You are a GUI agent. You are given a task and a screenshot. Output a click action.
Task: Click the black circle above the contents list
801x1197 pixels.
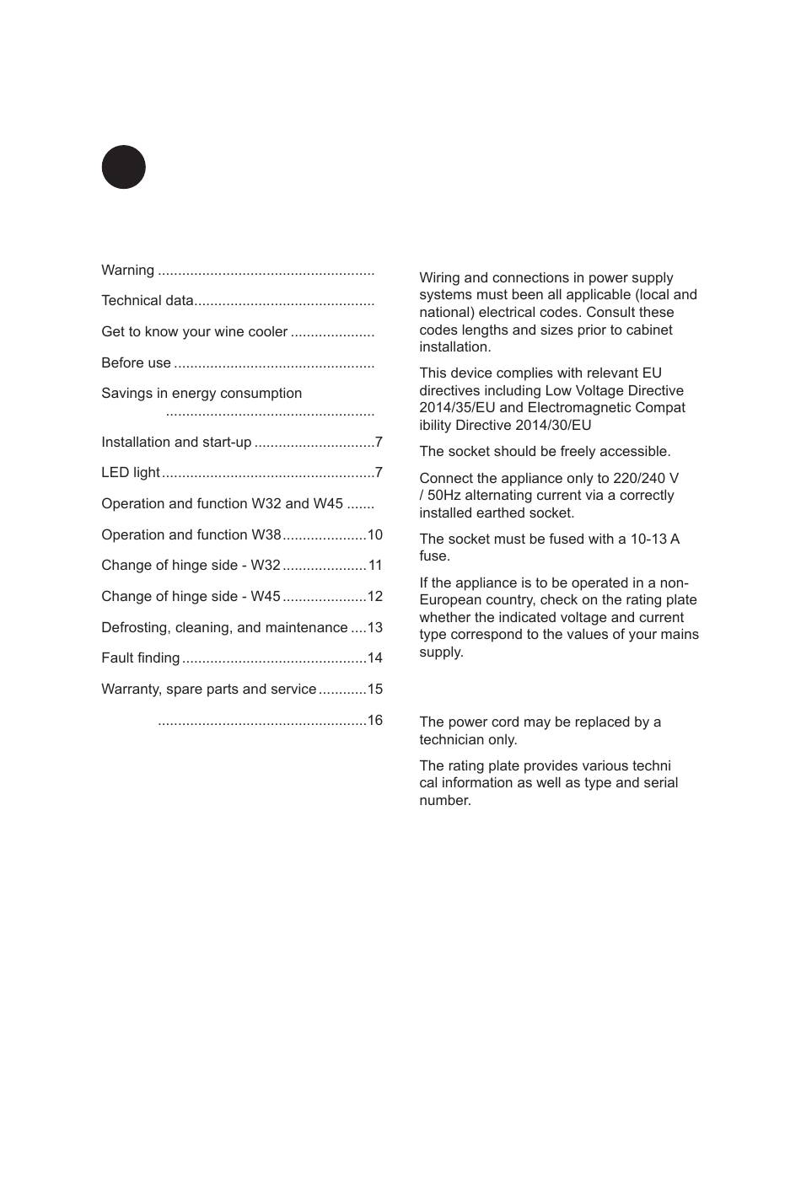pyautogui.click(x=124, y=167)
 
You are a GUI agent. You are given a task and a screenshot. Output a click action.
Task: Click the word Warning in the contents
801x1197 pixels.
pyautogui.click(x=127, y=270)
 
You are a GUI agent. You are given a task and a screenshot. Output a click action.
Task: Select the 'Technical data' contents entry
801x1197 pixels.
pyautogui.click(x=148, y=301)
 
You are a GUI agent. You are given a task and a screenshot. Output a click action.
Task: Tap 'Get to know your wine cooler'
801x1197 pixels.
pyautogui.click(x=194, y=332)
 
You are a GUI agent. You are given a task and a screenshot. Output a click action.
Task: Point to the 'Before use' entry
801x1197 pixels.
pyautogui.click(x=136, y=363)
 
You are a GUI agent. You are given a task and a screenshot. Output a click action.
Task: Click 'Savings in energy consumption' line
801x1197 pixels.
pyautogui.click(x=202, y=394)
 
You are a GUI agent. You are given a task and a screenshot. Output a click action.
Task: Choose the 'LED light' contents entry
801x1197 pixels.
pyautogui.click(x=131, y=473)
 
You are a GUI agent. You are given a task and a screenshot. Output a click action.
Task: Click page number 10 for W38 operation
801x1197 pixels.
pyautogui.click(x=374, y=535)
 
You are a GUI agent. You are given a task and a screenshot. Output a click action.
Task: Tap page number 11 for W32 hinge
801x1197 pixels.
pyautogui.click(x=375, y=566)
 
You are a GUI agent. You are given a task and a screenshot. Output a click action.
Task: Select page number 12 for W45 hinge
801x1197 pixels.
pyautogui.click(x=374, y=597)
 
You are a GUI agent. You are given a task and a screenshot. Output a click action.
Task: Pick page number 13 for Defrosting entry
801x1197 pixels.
pyautogui.click(x=374, y=628)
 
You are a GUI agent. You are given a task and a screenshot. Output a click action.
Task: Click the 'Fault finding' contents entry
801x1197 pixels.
pyautogui.click(x=141, y=658)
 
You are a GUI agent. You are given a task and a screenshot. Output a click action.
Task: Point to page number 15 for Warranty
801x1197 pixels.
pyautogui.click(x=374, y=690)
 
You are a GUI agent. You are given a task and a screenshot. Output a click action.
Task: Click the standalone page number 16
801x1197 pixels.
pyautogui.click(x=374, y=721)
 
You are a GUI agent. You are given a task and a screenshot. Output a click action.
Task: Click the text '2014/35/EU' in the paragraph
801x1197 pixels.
pyautogui.click(x=454, y=408)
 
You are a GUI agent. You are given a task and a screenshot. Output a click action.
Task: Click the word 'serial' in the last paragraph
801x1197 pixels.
pyautogui.click(x=659, y=783)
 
